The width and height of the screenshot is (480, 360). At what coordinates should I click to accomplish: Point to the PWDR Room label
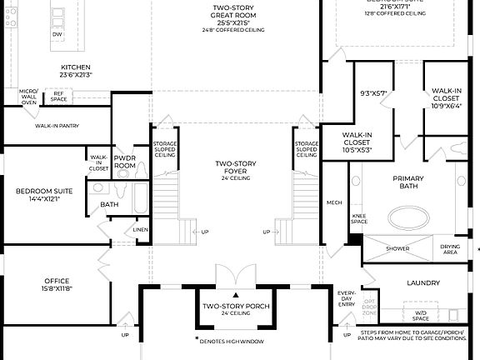[125, 162]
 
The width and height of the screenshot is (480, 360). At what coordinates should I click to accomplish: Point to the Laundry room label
[423, 283]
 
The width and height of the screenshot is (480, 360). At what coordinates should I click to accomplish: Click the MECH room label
[334, 202]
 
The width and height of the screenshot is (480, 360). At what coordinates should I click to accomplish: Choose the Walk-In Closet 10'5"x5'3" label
[357, 142]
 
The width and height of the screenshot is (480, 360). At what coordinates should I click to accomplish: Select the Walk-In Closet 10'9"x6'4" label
[446, 98]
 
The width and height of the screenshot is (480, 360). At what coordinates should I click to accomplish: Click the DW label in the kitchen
[57, 35]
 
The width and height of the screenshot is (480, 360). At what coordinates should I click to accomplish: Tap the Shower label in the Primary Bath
[397, 248]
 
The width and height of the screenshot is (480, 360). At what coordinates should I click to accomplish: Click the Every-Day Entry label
[346, 299]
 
